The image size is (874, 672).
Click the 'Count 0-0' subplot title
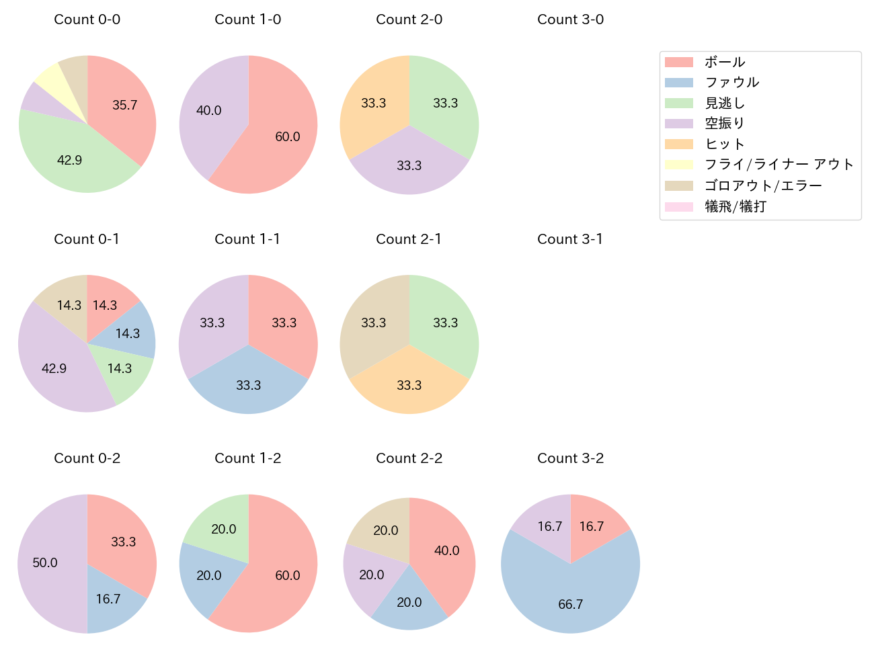point(87,19)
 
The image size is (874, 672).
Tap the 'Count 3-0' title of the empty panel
point(570,19)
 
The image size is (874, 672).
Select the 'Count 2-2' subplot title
point(409,458)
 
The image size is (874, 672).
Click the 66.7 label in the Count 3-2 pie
point(570,604)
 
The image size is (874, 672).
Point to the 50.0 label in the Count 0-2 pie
point(45,562)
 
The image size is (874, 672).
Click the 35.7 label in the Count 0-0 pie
point(124,105)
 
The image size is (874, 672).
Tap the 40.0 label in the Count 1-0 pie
point(208,110)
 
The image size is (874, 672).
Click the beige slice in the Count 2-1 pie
point(373,323)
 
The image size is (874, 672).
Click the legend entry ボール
point(724,62)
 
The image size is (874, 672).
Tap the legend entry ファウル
point(731,82)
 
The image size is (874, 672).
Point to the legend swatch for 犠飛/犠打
point(678,206)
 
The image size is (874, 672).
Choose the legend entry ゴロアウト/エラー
point(762,185)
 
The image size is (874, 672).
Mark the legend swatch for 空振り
point(678,124)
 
